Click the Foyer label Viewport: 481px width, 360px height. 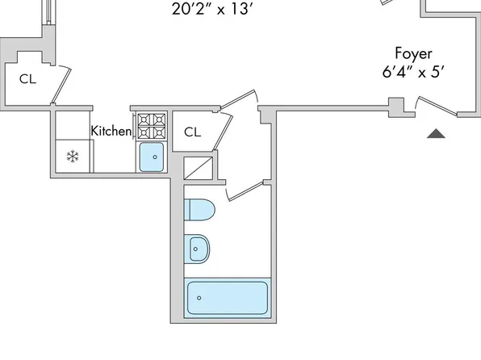coord(413,53)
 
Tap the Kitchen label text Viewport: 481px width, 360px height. coord(111,131)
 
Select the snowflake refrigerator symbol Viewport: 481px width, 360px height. coord(73,157)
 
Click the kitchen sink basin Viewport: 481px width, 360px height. coord(152,157)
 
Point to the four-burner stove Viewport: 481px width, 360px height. coord(152,126)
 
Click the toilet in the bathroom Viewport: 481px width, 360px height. coord(199,210)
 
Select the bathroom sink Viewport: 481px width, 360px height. coord(197,249)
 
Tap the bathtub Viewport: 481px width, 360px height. coord(228,298)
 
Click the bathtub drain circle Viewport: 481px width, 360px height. coord(199,298)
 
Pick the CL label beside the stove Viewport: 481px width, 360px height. coord(192,132)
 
